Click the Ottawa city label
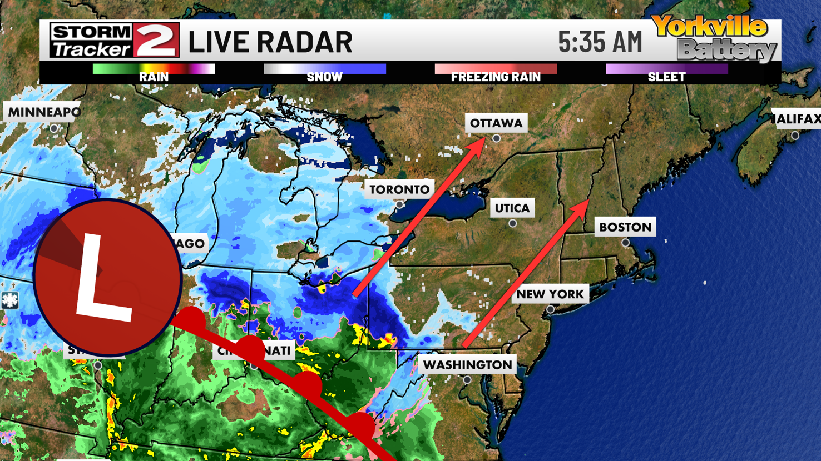(x=496, y=123)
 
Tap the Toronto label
(x=399, y=189)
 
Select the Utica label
(x=512, y=208)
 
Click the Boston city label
(x=625, y=227)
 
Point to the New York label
(x=550, y=294)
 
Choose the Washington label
(x=467, y=365)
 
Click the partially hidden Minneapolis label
(x=43, y=112)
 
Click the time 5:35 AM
(x=600, y=42)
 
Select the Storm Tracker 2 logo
(x=114, y=40)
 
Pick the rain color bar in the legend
(x=154, y=69)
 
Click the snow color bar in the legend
(x=325, y=69)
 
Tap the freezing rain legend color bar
(x=496, y=69)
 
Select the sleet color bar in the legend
(x=666, y=69)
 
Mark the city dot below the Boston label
(x=626, y=243)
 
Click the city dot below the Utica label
(x=513, y=223)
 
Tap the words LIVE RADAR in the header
(x=270, y=42)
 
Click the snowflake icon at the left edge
(x=9, y=300)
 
